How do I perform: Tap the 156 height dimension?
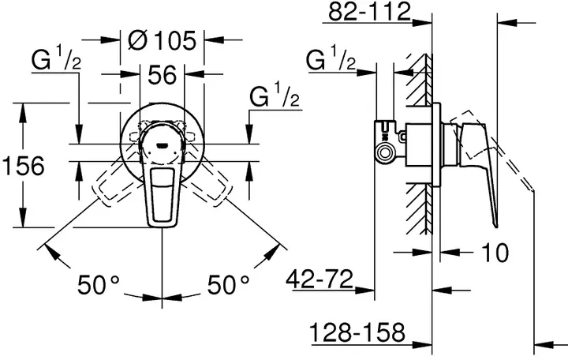(22, 167)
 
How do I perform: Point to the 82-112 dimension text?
(371, 13)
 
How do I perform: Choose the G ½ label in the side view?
(331, 60)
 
